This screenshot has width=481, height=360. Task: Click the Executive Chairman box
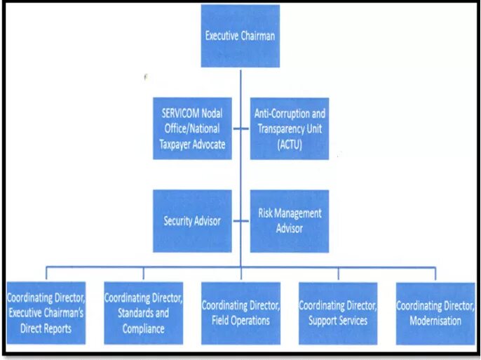point(240,36)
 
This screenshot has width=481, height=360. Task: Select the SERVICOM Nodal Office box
point(192,128)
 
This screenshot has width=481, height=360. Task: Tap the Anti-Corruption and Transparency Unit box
point(289,128)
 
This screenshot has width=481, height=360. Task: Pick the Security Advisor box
point(192,221)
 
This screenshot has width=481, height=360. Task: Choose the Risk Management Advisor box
point(289,221)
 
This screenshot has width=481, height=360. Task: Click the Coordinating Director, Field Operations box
point(240,313)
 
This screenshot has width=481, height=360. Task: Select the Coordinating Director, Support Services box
point(337,313)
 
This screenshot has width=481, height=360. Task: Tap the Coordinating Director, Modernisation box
point(435,313)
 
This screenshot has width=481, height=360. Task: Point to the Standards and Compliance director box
point(143,313)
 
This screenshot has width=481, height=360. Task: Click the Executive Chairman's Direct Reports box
point(46,313)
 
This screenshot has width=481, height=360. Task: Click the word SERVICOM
point(178,112)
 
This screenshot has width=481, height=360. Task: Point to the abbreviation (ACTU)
point(289,145)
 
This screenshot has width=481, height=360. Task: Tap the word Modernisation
point(435,321)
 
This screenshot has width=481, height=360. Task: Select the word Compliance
point(143,328)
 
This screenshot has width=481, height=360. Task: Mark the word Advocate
point(211,145)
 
